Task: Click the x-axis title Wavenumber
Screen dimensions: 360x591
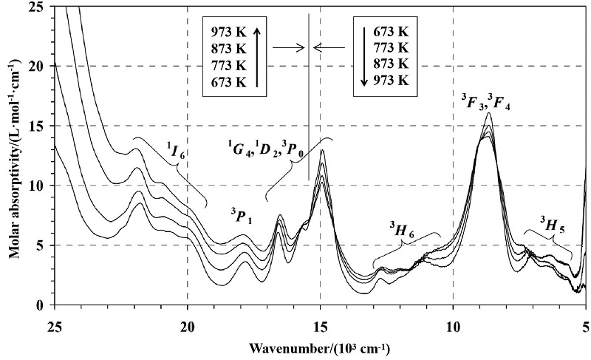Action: (320, 347)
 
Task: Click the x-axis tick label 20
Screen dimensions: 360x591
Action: (188, 324)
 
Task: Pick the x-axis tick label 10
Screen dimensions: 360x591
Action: (453, 324)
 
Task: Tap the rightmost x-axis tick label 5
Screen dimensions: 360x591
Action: (585, 324)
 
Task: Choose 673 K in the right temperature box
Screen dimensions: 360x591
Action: (391, 32)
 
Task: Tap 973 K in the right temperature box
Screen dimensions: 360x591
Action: (391, 81)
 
